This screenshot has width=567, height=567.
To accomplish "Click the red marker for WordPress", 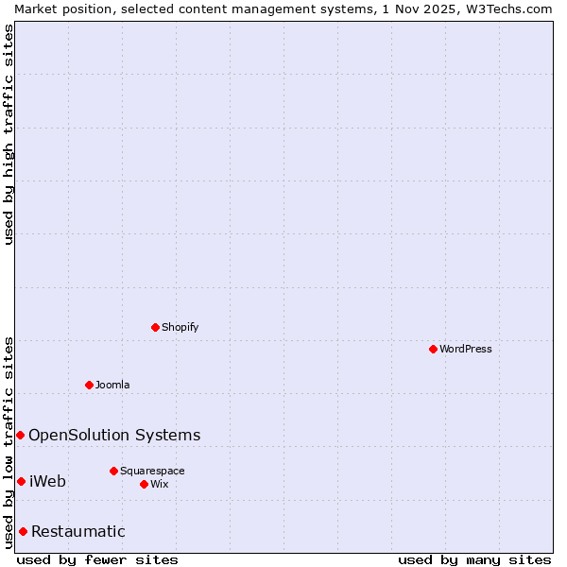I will [433, 349].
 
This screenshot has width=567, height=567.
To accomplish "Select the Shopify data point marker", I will [155, 327].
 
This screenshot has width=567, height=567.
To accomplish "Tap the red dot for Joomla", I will [89, 385].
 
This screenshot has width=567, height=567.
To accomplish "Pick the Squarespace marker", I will [113, 471].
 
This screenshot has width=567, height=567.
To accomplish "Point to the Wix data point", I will [144, 484].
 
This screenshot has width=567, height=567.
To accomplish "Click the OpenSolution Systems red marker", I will [20, 435].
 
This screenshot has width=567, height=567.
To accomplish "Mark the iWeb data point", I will [21, 481].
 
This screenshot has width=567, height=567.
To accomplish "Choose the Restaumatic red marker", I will [23, 531].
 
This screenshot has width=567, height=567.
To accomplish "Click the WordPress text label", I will [466, 349].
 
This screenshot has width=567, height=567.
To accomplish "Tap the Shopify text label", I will [180, 327].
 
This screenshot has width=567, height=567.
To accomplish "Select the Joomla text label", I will [112, 385].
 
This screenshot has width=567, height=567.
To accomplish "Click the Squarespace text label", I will [152, 471].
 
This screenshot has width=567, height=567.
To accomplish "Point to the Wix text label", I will [159, 484].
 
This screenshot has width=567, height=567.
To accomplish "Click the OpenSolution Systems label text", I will [114, 435].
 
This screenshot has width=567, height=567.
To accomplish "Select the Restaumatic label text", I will [78, 531].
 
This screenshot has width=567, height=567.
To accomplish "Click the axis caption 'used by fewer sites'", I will [97, 559].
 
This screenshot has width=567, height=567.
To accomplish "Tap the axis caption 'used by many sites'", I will [474, 559].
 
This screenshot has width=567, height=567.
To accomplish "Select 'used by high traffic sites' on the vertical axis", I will [9, 134].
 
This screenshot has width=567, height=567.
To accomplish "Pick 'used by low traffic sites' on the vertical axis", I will [9, 442].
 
